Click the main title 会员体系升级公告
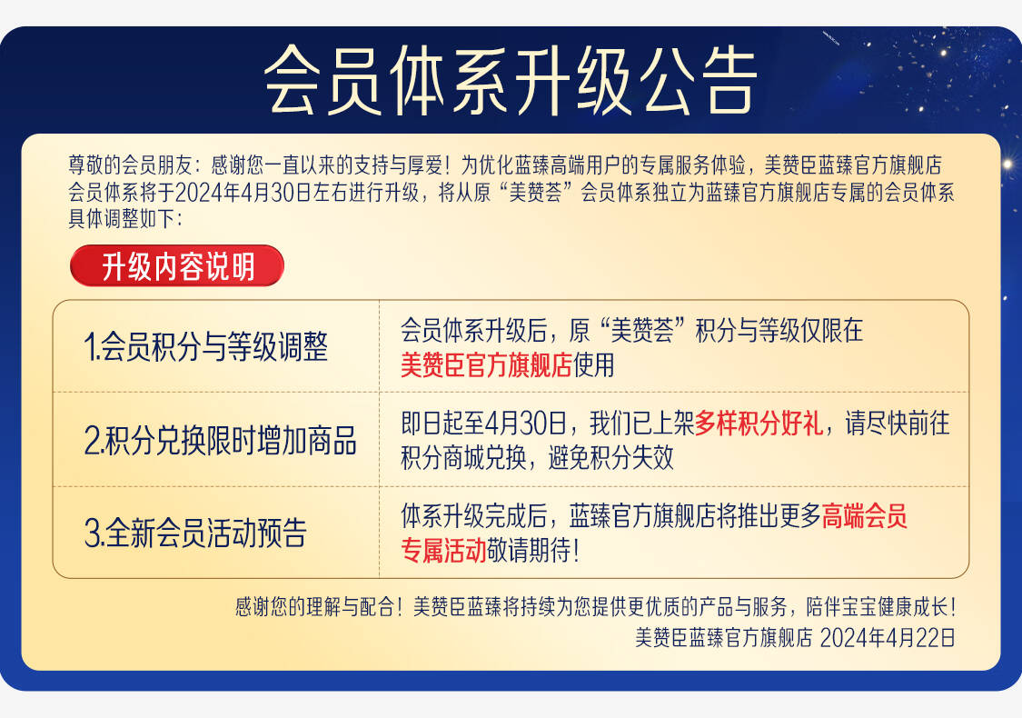click(x=511, y=80)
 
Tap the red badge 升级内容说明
click(x=177, y=266)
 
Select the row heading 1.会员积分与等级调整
click(x=206, y=346)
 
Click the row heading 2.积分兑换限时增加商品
click(x=221, y=440)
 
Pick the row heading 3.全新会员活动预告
click(x=195, y=533)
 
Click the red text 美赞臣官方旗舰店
click(x=486, y=365)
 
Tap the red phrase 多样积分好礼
click(x=759, y=424)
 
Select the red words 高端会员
click(x=864, y=516)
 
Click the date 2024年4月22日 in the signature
click(x=887, y=637)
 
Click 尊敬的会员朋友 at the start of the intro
click(x=130, y=165)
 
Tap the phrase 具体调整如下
click(x=122, y=219)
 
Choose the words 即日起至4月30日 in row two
click(x=483, y=424)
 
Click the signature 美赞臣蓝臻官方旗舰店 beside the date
click(x=724, y=637)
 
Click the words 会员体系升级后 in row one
click(x=473, y=331)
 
